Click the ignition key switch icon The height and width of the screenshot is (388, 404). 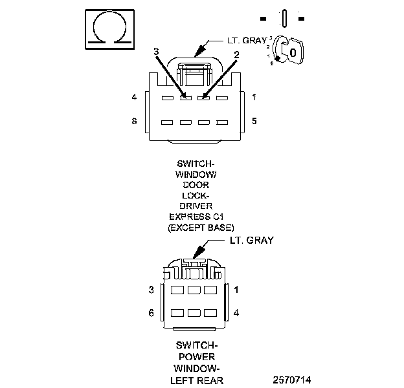click(x=288, y=50)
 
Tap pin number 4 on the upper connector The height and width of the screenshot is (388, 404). click(x=134, y=98)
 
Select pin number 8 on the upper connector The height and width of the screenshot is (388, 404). click(x=134, y=121)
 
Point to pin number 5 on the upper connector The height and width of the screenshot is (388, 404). click(x=254, y=121)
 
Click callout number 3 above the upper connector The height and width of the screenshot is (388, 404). click(x=155, y=51)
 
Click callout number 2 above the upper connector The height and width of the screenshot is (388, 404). click(x=238, y=55)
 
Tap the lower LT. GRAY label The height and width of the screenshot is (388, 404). click(x=252, y=241)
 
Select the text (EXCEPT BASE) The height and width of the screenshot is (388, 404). click(x=201, y=227)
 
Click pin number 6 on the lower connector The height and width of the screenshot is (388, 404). click(x=151, y=312)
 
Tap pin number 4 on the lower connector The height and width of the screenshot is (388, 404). click(x=236, y=312)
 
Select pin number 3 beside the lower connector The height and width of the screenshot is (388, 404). click(x=151, y=290)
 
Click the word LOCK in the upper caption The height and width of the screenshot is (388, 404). click(x=200, y=195)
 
